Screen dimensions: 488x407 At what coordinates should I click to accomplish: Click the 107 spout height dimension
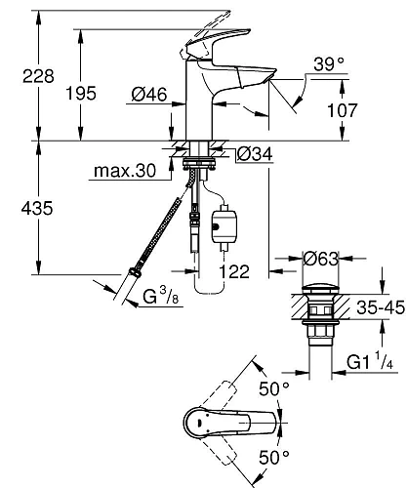(369, 111)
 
